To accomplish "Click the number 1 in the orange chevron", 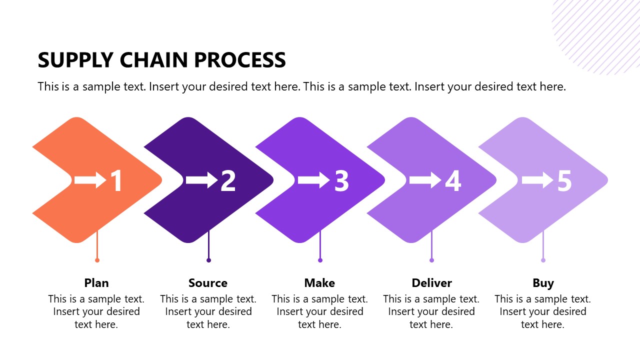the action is [x=117, y=180].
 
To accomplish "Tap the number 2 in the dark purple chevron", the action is [x=228, y=180].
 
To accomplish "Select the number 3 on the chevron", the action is [x=341, y=180].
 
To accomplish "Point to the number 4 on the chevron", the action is [x=453, y=180].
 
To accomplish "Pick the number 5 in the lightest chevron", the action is [x=564, y=180].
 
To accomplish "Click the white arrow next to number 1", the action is [x=90, y=180].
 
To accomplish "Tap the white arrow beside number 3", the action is [x=314, y=180].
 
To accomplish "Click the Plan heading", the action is [x=96, y=283].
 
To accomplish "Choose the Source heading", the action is [x=208, y=283].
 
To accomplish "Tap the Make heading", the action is [x=319, y=283].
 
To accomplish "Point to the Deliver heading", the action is [x=431, y=283].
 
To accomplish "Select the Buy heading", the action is [x=543, y=283].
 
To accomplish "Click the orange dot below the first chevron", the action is [x=97, y=260].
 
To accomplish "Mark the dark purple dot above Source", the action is [x=208, y=260].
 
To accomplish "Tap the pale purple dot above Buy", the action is [x=543, y=260].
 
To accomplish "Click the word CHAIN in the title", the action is [x=153, y=60].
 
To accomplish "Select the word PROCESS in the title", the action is [x=240, y=60].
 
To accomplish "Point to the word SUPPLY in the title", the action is [x=75, y=60].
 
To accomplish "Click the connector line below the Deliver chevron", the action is [x=431, y=244].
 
